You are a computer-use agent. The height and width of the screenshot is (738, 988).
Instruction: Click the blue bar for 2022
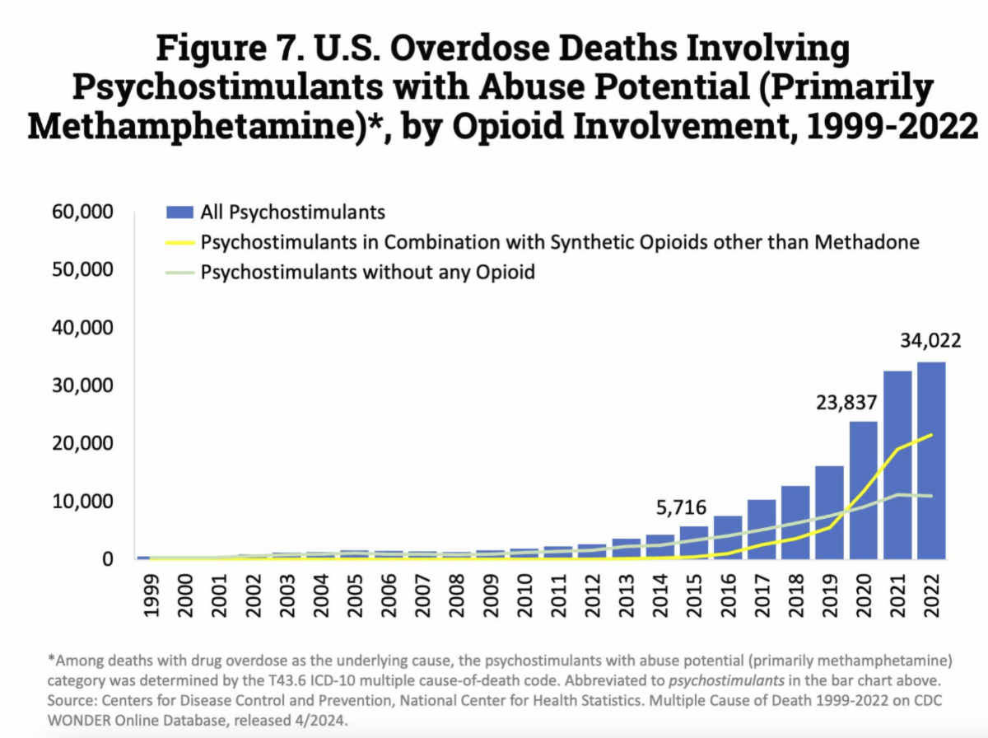931,460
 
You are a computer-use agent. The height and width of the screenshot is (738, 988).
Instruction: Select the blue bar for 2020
863,490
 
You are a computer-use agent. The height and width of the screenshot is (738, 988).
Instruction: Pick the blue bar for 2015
693,542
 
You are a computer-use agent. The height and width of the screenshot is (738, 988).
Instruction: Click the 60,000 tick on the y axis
82,213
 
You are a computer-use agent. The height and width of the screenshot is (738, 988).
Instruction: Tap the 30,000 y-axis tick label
82,385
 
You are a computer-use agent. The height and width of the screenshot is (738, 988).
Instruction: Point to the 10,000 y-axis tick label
82,502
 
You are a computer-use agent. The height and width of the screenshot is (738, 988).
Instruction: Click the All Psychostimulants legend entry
292,213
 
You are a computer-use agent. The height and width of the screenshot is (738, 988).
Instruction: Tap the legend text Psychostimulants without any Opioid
367,272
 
